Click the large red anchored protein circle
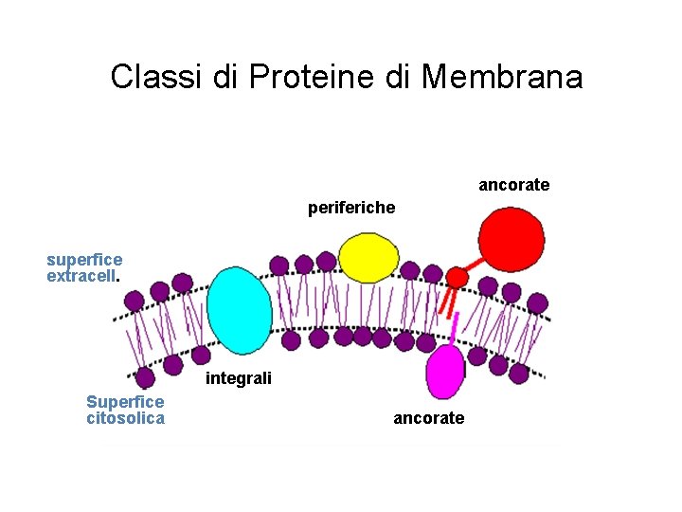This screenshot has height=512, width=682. click(x=511, y=239)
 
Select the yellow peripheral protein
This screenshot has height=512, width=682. click(x=369, y=257)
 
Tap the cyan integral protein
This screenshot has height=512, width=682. click(x=239, y=310)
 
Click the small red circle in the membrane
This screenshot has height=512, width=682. click(x=457, y=277)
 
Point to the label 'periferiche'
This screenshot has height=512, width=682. click(x=351, y=208)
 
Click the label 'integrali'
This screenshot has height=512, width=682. click(x=239, y=379)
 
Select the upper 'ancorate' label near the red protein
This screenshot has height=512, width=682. click(x=513, y=185)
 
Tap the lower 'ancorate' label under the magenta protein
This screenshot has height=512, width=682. click(x=428, y=418)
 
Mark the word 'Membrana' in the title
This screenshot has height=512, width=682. click(x=502, y=77)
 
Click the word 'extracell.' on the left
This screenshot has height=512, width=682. click(x=82, y=276)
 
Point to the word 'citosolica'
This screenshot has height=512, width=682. click(x=125, y=418)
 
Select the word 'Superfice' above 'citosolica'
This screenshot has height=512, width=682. click(x=125, y=402)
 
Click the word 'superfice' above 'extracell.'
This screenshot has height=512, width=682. click(x=84, y=260)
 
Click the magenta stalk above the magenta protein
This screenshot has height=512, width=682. click(x=456, y=328)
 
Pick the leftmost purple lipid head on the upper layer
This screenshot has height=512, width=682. click(x=135, y=301)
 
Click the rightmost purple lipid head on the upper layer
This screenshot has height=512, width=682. click(x=537, y=302)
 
